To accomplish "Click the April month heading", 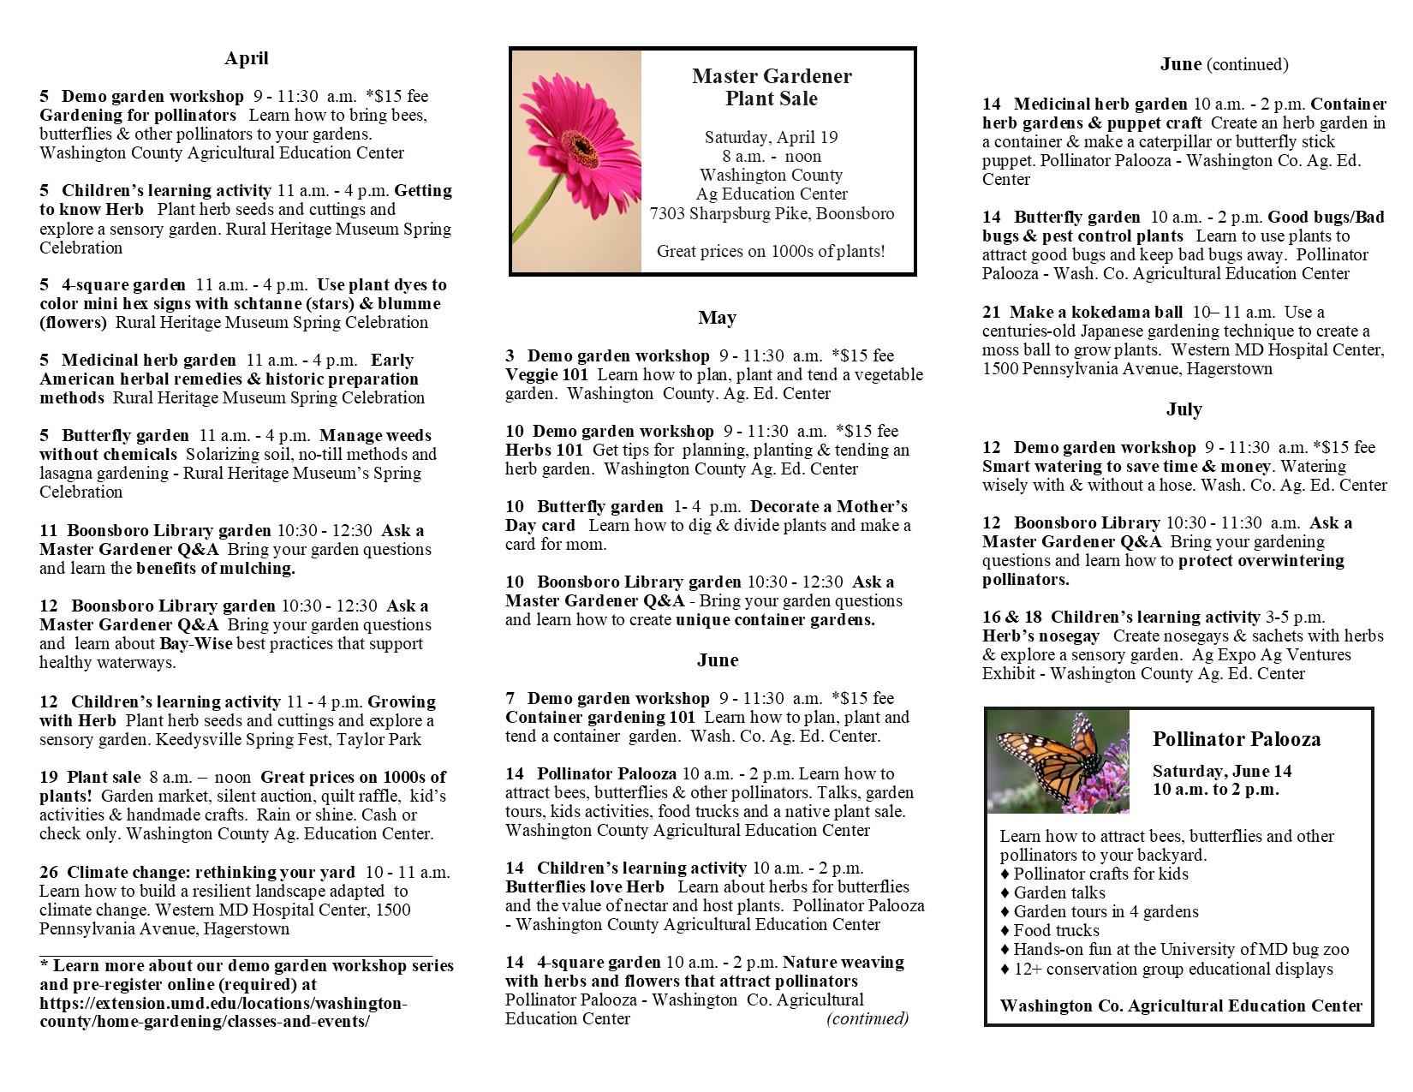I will tap(246, 58).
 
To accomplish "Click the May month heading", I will tap(717, 318).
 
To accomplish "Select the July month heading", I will tap(1183, 409).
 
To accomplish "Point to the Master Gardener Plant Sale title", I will tap(772, 87).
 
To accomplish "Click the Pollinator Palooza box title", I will tap(1236, 739).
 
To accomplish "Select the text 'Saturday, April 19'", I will tap(771, 137).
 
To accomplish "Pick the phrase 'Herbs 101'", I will tap(544, 450).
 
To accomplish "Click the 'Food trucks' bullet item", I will tap(1056, 930).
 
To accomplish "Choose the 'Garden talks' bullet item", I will tap(1059, 892).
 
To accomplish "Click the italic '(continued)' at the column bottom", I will tap(867, 1018).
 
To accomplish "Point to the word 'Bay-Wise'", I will tap(195, 643).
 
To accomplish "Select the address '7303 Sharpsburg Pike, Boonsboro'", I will tap(772, 213).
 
